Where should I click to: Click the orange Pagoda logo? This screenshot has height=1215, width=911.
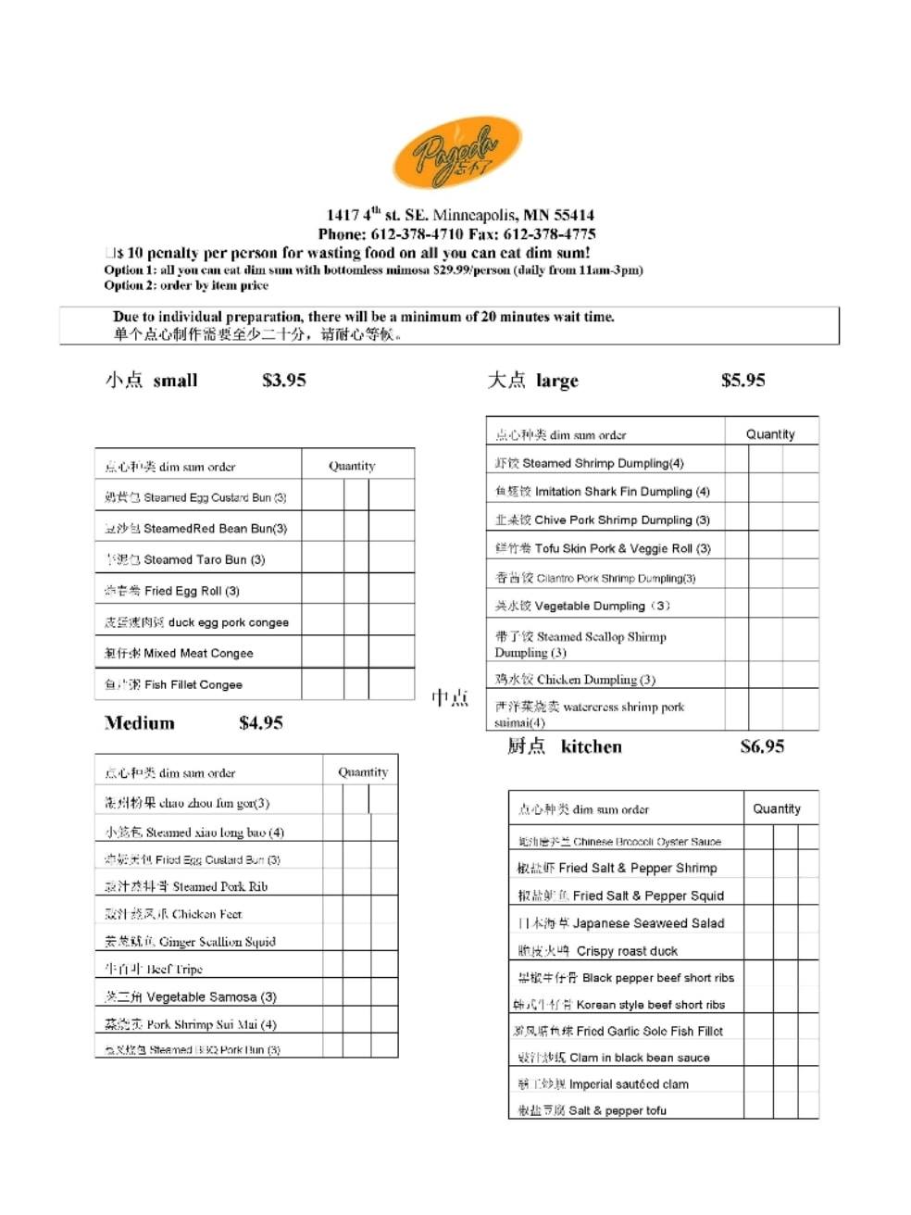point(456,154)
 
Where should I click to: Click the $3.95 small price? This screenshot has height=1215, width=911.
point(283,380)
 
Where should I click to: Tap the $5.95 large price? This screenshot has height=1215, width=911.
point(743,380)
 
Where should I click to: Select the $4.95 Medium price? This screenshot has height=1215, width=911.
point(260,722)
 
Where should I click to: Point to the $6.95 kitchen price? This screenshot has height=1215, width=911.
point(762,746)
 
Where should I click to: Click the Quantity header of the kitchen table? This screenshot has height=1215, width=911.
point(776,808)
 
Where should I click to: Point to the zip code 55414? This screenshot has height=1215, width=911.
point(574,215)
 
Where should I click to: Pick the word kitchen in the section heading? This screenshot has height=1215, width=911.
point(591,746)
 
